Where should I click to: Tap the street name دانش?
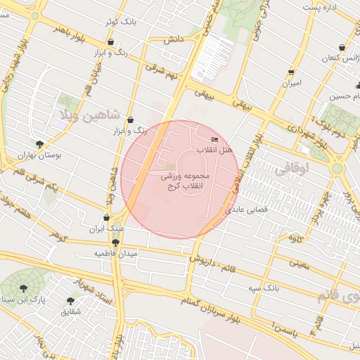174,40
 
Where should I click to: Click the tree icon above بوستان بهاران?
39,143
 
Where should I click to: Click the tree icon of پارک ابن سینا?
25,288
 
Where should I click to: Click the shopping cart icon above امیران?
291,72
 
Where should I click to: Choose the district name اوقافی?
293,169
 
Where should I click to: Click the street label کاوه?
296,238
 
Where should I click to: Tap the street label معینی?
300,264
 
